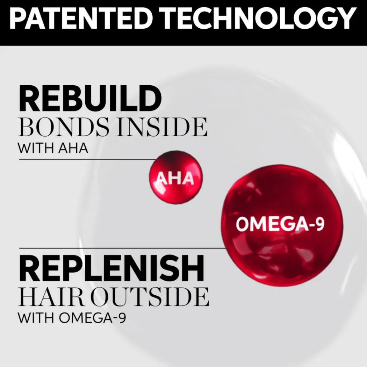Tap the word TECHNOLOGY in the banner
click(258, 19)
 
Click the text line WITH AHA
click(53, 148)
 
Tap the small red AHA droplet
click(176, 178)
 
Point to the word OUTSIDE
click(150, 296)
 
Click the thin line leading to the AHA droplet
click(87, 159)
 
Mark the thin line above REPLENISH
click(122, 248)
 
